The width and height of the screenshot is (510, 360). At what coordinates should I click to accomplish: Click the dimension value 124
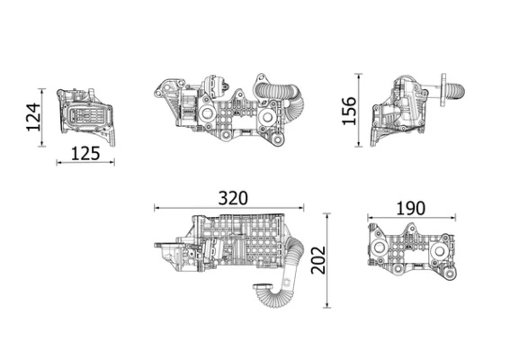[x=32, y=118]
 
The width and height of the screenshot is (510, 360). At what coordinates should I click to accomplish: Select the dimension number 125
[x=85, y=152]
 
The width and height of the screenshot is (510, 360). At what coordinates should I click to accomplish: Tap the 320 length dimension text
[x=230, y=197]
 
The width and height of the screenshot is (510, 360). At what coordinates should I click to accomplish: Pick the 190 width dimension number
[x=409, y=208]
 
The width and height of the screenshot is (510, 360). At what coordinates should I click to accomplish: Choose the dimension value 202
[x=313, y=261]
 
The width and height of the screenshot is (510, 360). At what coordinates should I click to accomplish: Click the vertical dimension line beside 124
[x=42, y=118]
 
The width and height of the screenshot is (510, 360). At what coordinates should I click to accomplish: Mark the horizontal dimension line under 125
[x=85, y=163]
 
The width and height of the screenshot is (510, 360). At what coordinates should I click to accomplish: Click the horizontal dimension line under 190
[x=409, y=218]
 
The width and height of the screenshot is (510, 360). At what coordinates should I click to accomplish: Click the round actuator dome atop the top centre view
[x=216, y=88]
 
